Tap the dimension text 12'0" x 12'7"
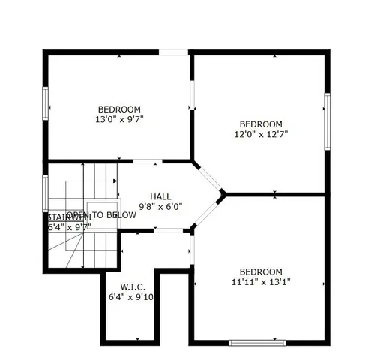[260, 135]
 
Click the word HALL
[160, 196]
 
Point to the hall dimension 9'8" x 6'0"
[160, 207]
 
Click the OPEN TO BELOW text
[101, 215]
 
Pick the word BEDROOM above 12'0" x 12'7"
[260, 124]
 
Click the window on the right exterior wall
[327, 121]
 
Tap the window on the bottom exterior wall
[257, 342]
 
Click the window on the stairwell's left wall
[46, 192]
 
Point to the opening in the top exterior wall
[173, 52]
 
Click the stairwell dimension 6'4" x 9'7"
[69, 226]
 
